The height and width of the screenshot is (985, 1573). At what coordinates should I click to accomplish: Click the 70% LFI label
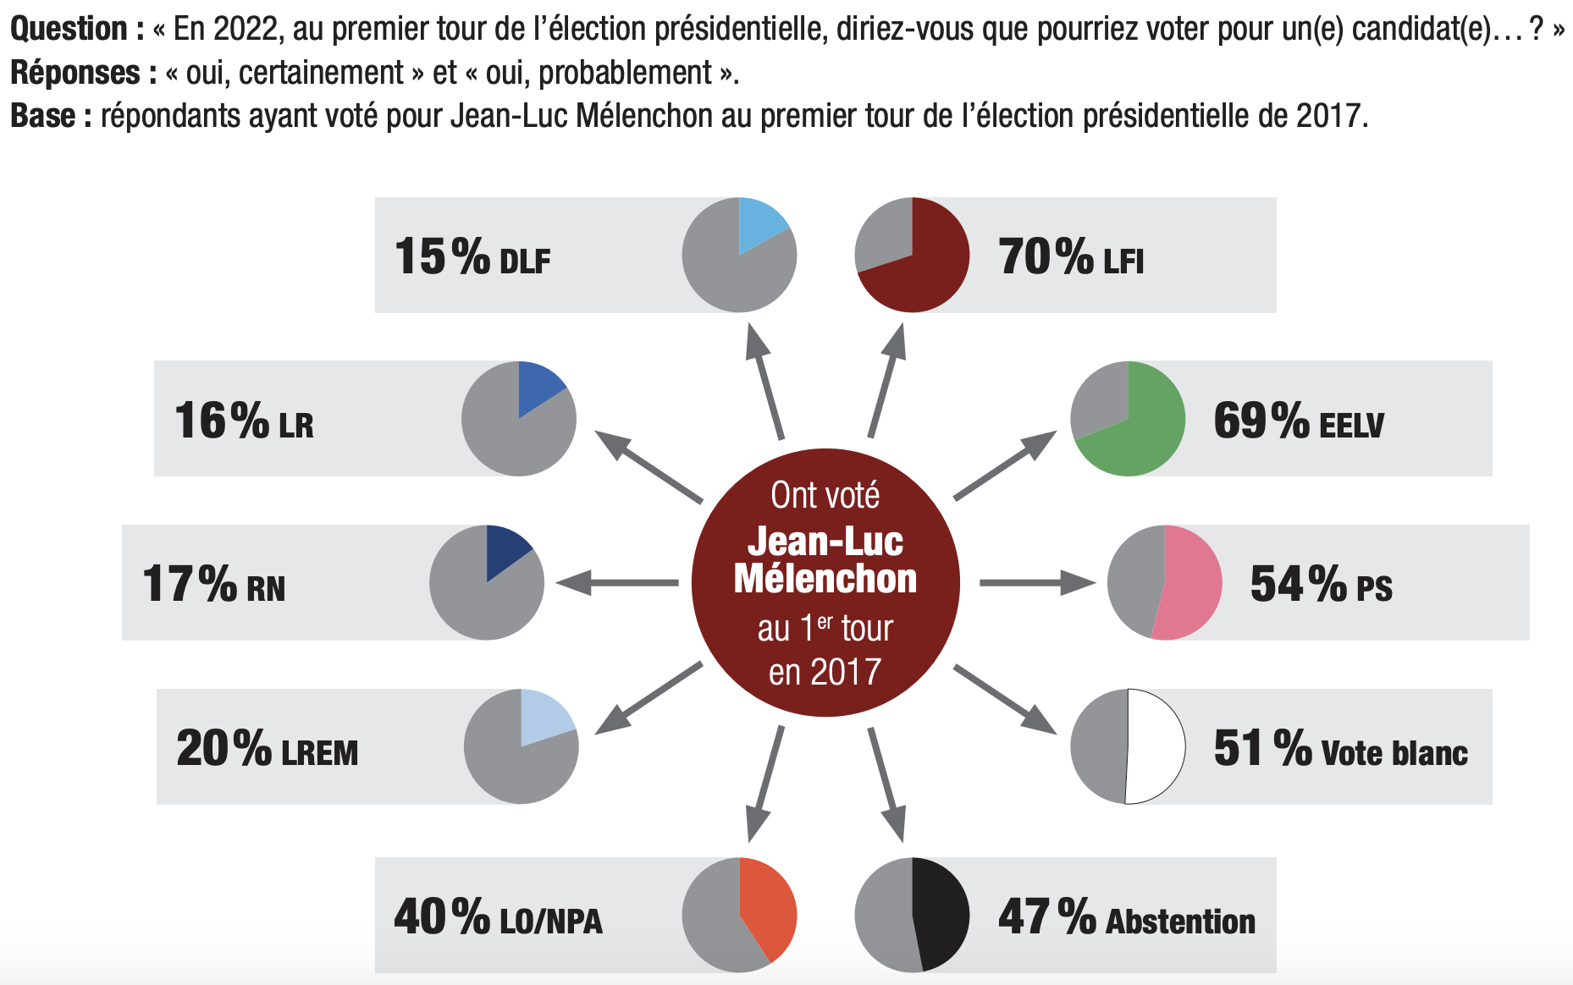click(x=1071, y=257)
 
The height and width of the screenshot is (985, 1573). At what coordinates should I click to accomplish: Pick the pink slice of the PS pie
click(x=1189, y=584)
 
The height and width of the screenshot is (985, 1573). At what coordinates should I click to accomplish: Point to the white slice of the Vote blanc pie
click(x=1156, y=746)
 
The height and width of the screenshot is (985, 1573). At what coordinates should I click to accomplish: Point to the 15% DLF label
click(x=472, y=257)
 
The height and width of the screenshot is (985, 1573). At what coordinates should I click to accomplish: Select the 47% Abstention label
click(x=1127, y=917)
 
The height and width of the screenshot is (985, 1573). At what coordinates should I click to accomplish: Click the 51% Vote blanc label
click(x=1340, y=749)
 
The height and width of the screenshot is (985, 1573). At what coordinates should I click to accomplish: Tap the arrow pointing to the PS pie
click(x=1037, y=582)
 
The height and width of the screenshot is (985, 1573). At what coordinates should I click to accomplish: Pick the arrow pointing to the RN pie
click(x=617, y=582)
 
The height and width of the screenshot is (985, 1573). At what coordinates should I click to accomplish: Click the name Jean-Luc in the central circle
click(x=825, y=542)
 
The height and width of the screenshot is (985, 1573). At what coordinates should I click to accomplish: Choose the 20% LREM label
click(x=267, y=750)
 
